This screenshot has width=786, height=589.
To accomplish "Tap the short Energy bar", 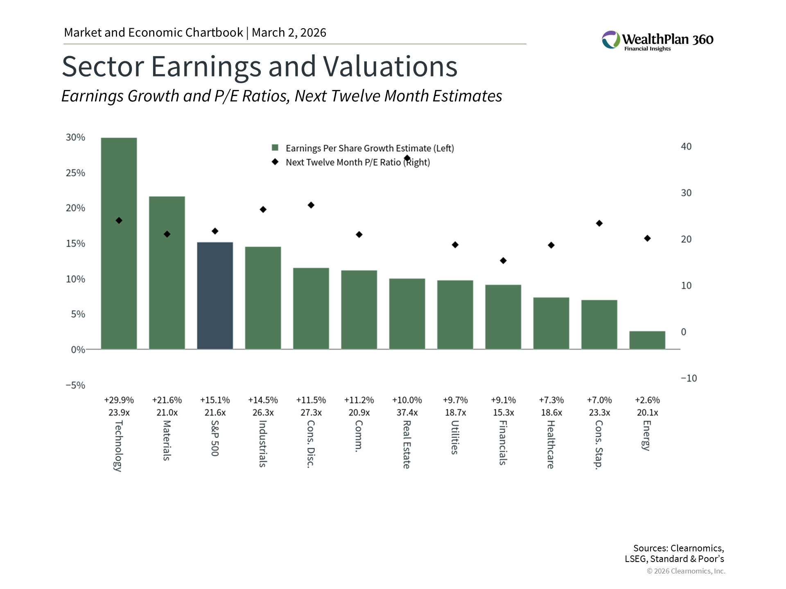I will [x=647, y=340].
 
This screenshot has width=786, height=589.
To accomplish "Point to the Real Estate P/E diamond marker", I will [x=407, y=158].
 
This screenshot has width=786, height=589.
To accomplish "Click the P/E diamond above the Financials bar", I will [x=503, y=261].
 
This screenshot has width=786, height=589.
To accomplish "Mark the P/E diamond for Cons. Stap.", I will [x=599, y=223].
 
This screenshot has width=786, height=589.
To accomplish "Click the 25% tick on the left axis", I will [x=76, y=173].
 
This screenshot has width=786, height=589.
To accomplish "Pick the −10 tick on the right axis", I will [x=689, y=378].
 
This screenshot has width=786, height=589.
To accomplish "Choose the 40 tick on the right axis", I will [x=686, y=146].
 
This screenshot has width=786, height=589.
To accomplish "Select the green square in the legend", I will [x=275, y=148].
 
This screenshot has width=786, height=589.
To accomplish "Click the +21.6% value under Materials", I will [x=167, y=400].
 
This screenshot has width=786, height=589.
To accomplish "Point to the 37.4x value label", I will [x=407, y=413].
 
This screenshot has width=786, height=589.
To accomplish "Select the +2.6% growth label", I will [x=647, y=400].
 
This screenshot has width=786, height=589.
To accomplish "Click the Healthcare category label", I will [x=551, y=444].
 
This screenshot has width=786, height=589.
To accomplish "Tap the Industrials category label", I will [x=263, y=443].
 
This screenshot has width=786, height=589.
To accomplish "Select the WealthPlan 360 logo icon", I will [x=611, y=40].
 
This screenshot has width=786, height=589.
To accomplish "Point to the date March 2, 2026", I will [x=289, y=33].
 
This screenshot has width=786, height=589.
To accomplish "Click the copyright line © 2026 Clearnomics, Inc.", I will [x=686, y=571].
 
